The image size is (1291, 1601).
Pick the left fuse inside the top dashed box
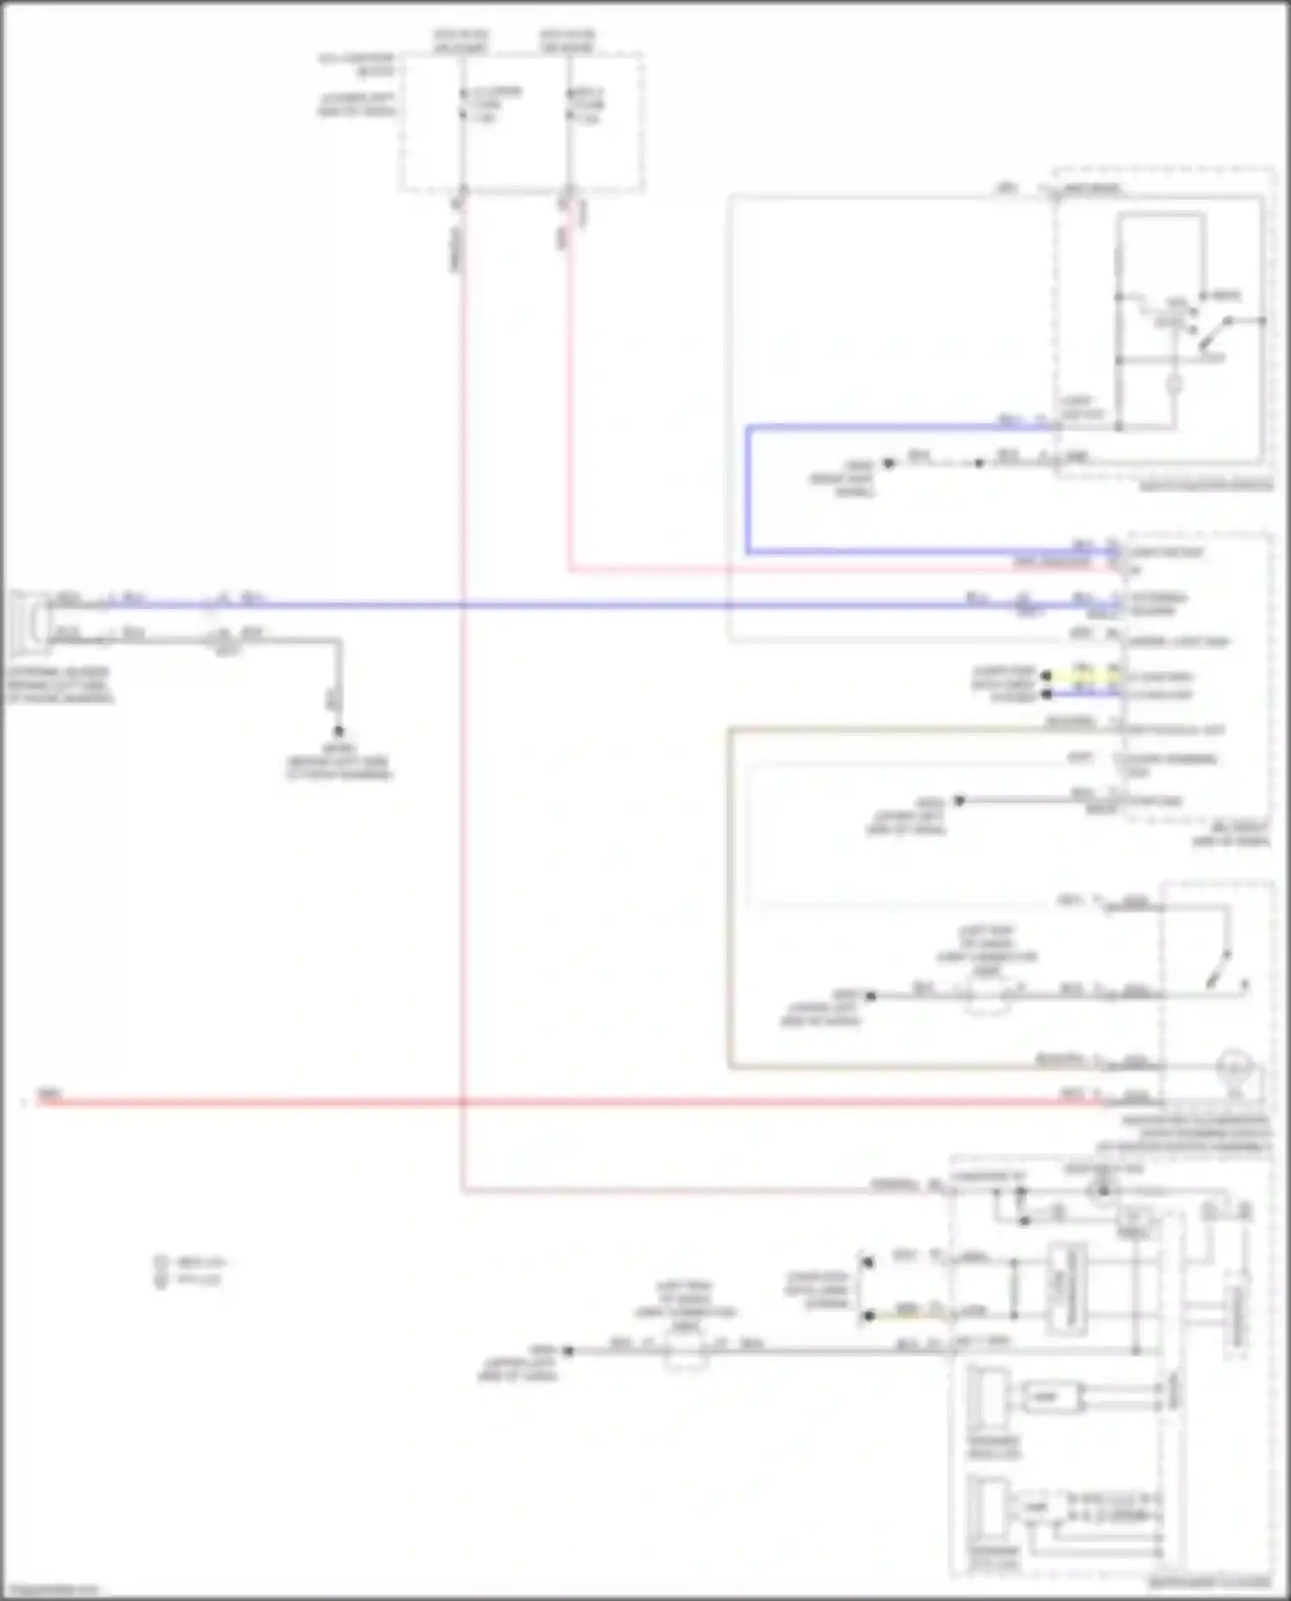point(463,104)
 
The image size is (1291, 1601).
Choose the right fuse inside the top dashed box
point(569,104)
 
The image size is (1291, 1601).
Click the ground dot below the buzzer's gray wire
point(339,731)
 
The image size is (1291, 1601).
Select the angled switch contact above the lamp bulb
point(1218,968)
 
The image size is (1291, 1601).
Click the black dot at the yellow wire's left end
point(1047,676)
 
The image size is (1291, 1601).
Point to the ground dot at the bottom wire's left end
point(568,1352)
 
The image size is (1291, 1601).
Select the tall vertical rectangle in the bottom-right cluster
point(1066,1286)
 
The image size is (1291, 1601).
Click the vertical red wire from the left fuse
point(463,688)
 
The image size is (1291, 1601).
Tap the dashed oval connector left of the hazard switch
point(986,997)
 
